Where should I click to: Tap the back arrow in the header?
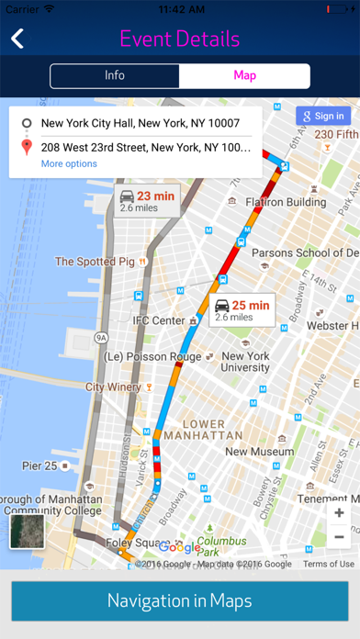point(17,39)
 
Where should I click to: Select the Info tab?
point(115,76)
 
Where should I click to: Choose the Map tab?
point(244,76)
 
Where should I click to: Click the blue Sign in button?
point(322,117)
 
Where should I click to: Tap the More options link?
point(69,163)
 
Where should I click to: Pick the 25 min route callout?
point(242,310)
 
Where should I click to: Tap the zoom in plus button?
point(339,513)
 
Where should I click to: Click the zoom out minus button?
point(339,537)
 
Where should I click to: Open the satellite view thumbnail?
point(28,532)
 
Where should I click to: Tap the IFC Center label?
point(159,320)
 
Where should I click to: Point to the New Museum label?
point(259,451)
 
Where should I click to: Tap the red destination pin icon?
point(27,146)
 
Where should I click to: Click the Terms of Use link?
point(328,564)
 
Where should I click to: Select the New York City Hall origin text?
point(141,122)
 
